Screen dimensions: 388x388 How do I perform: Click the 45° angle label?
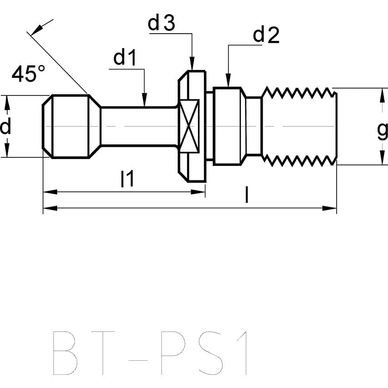[29, 74]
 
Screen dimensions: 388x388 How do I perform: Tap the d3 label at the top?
[162, 23]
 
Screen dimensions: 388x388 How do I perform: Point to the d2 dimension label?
[266, 35]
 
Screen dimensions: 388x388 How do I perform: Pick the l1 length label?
[127, 180]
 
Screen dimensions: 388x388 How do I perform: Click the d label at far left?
[5, 127]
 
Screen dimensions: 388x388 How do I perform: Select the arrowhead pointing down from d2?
[228, 81]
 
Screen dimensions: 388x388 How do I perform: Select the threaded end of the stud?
[300, 126]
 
